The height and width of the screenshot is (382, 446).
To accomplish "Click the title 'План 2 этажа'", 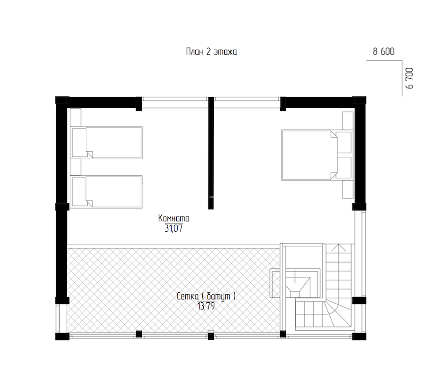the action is (211, 52).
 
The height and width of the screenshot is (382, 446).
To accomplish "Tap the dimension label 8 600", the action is (383, 52).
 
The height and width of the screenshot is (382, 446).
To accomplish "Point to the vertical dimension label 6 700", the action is (410, 78).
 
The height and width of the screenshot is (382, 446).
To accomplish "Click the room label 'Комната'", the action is (174, 218).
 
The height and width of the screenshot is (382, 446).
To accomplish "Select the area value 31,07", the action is (174, 228).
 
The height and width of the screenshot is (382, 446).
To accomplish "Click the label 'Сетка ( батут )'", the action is (206, 296).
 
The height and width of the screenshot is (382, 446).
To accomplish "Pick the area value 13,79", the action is (206, 306).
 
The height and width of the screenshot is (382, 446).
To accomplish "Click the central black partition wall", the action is (211, 153).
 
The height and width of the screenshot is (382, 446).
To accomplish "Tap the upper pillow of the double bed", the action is (344, 142).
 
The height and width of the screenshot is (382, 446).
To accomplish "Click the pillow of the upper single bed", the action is (79, 143).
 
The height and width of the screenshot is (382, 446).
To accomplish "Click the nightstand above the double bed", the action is (347, 121).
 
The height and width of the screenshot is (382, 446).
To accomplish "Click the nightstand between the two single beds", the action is (75, 167).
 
